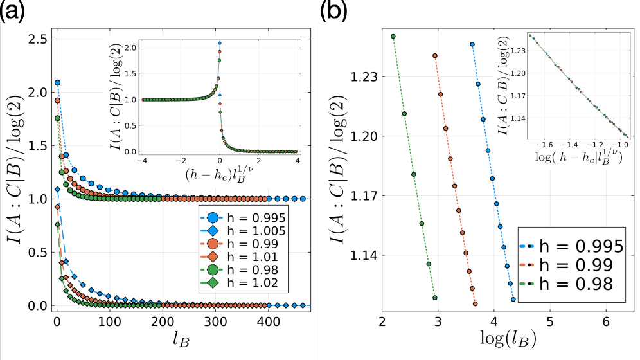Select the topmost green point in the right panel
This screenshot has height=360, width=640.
[393, 37]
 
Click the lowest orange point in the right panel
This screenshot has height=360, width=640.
[476, 304]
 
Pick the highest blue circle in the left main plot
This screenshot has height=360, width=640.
[57, 83]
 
